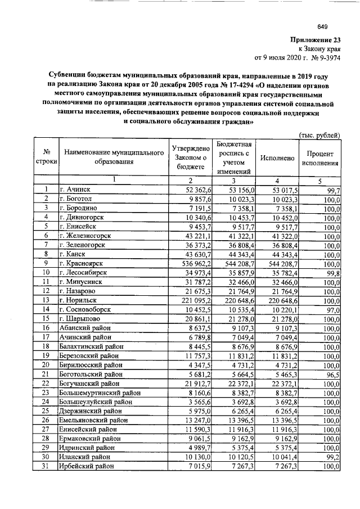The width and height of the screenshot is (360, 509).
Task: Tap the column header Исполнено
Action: [x=277, y=159]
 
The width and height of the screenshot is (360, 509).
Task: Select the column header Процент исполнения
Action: [x=320, y=159]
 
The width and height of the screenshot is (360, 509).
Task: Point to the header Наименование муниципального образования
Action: [x=110, y=158]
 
